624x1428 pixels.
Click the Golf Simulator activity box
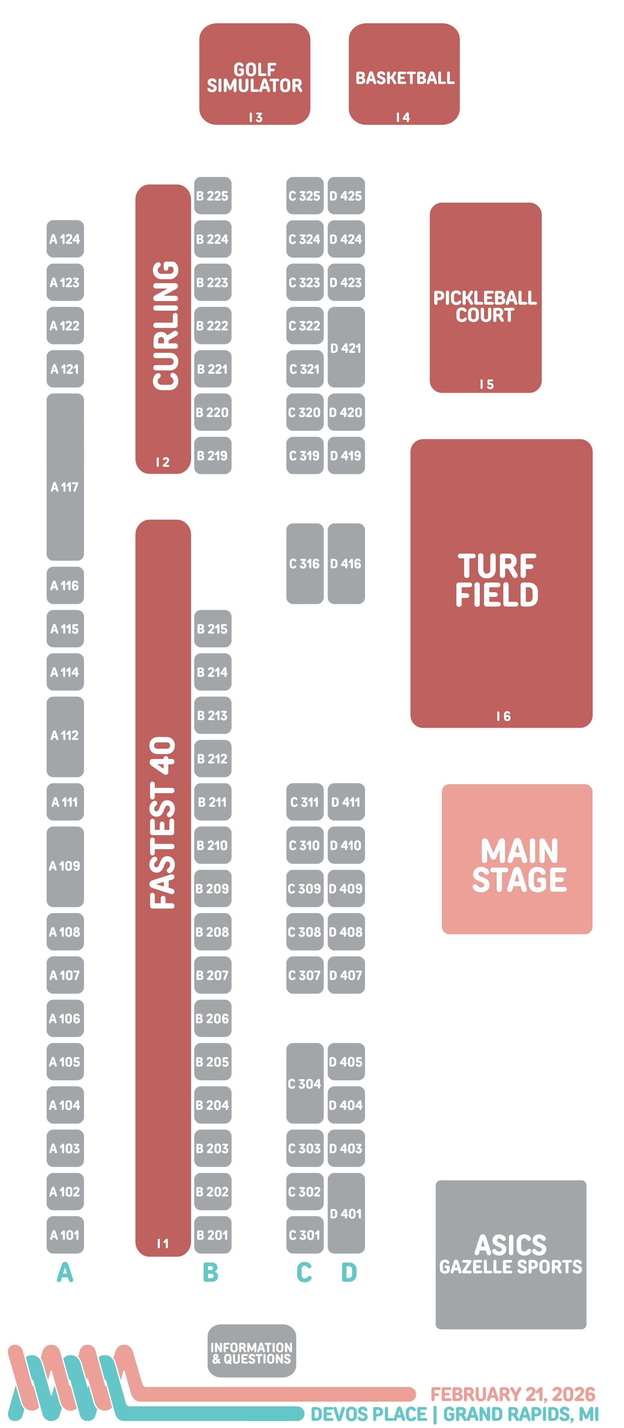click(254, 74)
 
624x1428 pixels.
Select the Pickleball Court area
click(485, 298)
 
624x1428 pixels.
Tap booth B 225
click(212, 196)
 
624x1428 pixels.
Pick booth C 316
click(305, 563)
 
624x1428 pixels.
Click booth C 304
click(305, 1083)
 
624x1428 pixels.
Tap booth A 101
click(65, 1235)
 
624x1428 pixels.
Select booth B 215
click(212, 629)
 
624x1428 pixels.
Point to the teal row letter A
click(65, 1272)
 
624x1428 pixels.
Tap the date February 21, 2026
click(513, 1394)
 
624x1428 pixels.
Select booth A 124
click(65, 239)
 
